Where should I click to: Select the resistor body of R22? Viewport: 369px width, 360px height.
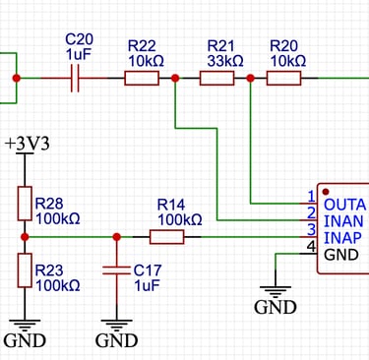(141, 77)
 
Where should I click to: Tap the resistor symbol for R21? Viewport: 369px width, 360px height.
(217, 77)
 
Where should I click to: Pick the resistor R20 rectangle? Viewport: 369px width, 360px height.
(286, 77)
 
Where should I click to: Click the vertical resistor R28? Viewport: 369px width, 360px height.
(25, 205)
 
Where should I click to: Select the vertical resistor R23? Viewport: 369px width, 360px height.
(25, 270)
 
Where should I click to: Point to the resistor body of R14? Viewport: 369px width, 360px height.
(166, 236)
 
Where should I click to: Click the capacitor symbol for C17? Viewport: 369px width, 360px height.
(116, 269)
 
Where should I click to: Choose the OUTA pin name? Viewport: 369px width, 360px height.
(343, 197)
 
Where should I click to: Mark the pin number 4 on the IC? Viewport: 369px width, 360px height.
(312, 246)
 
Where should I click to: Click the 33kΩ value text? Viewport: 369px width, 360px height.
(225, 60)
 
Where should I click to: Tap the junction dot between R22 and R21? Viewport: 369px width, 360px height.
(175, 77)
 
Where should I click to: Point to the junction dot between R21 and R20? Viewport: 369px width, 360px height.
(252, 77)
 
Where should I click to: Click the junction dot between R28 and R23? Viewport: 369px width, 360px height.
(25, 236)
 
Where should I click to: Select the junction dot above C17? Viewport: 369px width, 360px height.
(116, 236)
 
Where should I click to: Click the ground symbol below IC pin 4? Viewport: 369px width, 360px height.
(275, 291)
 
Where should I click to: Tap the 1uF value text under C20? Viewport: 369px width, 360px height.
(78, 55)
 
